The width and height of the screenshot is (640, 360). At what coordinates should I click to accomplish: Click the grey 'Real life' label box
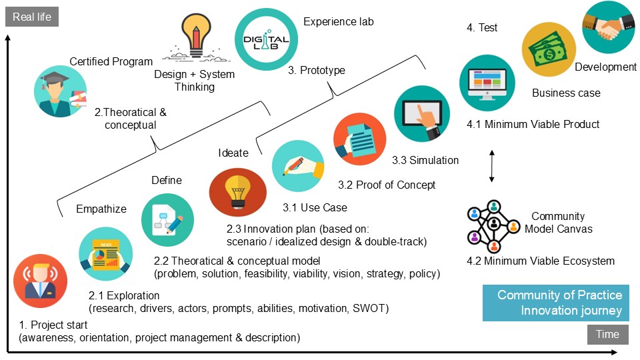(32, 17)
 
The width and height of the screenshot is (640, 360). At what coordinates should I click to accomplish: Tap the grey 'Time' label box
(607, 335)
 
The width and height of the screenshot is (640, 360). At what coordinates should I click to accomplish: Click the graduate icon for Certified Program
(60, 91)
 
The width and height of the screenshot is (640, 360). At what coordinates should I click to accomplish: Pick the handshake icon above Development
(609, 27)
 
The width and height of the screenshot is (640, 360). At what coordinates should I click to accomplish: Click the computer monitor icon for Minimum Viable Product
(487, 82)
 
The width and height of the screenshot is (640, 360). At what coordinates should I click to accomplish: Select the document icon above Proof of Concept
(359, 139)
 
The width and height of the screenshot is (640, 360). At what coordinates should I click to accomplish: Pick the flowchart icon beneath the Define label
(167, 220)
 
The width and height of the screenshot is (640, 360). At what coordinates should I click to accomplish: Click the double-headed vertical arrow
(492, 167)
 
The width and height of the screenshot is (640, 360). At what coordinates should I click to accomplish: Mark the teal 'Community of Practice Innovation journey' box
(555, 303)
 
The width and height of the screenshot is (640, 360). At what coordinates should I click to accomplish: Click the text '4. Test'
(481, 28)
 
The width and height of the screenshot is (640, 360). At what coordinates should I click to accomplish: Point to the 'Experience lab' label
(338, 21)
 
